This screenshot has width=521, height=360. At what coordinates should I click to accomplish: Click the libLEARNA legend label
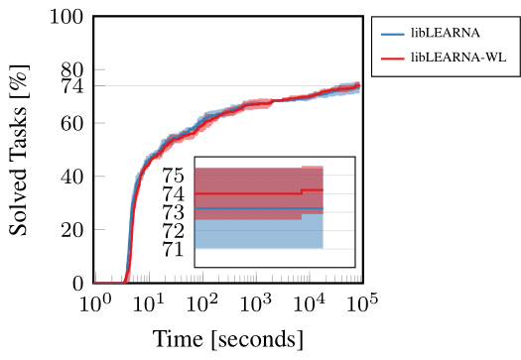tap(446, 33)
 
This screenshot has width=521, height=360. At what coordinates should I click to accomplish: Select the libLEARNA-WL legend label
tap(458, 58)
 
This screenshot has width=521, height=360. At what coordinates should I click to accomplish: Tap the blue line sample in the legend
tap(393, 34)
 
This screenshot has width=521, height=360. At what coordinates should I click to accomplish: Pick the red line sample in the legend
tap(393, 59)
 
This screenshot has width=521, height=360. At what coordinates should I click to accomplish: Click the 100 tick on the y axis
tap(66, 17)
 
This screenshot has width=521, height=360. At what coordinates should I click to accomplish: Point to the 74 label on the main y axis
tap(72, 86)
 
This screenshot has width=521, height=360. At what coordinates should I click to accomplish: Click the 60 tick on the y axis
tap(72, 124)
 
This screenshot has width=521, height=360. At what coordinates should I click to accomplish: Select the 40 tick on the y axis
tap(72, 177)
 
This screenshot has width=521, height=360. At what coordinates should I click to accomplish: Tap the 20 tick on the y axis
tap(72, 230)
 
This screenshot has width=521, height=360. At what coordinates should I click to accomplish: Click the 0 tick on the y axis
tap(78, 284)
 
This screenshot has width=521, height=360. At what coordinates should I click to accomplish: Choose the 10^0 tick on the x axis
tap(95, 302)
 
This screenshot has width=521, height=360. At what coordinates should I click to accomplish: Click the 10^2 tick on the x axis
tap(202, 302)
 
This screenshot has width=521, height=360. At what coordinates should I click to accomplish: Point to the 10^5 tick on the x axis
tap(362, 302)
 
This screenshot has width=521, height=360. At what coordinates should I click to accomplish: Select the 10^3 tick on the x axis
tap(255, 302)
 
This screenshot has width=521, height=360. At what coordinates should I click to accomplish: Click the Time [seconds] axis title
tap(228, 339)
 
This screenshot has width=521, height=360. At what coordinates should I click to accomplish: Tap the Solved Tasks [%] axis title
tap(19, 150)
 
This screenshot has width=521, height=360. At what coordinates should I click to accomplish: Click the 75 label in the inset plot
tap(173, 175)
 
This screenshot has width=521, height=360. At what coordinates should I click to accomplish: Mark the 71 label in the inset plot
tap(173, 249)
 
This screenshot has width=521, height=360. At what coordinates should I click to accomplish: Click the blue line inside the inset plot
tap(259, 208)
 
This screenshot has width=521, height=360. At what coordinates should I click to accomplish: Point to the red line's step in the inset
tap(302, 191)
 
